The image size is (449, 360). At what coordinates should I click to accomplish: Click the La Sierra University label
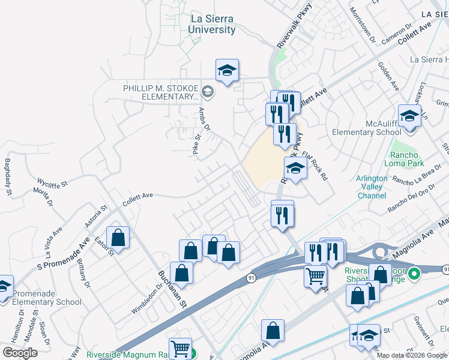click(x=212, y=24)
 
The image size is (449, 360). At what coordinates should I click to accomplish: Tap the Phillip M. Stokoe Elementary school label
click(x=160, y=92)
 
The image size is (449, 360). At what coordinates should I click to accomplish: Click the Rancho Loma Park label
click(x=408, y=159)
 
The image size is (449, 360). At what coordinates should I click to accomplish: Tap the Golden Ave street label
click(x=388, y=77)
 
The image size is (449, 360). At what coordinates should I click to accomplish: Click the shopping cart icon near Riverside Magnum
click(x=180, y=349)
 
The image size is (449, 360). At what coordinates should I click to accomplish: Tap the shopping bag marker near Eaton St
click(x=118, y=238)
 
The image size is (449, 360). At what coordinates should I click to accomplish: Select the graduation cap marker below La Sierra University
click(x=228, y=71)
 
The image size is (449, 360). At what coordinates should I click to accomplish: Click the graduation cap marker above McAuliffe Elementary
click(x=409, y=116)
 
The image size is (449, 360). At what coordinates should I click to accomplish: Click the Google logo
click(x=20, y=353)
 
